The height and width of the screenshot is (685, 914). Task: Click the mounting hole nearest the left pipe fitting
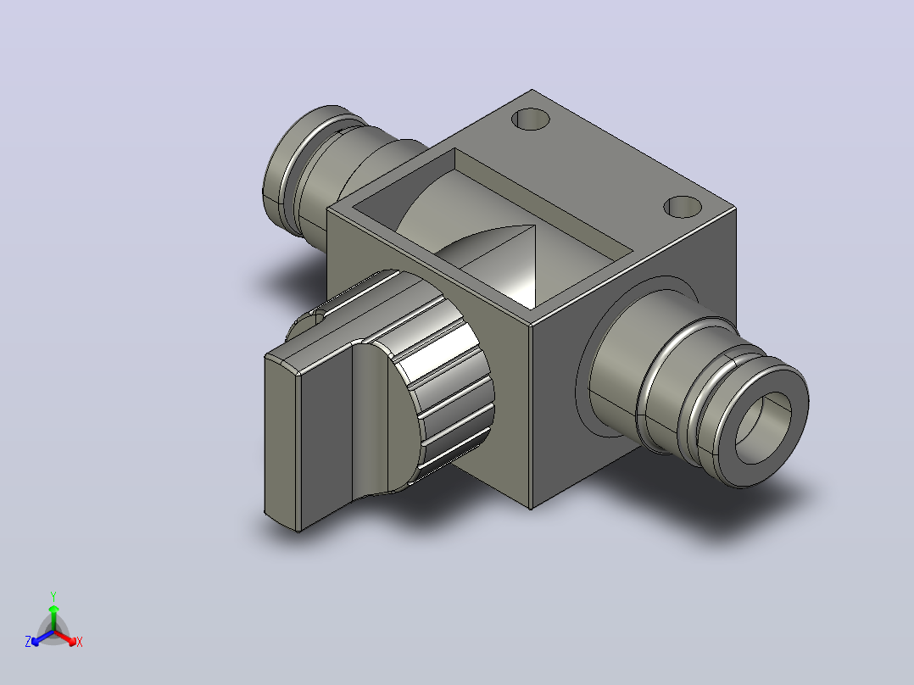coord(531,119)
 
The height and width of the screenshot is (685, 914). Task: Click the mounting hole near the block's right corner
coord(683,207)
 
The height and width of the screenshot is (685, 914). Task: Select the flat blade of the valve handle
coord(309,437)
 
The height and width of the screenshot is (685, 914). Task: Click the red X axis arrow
coord(66,638)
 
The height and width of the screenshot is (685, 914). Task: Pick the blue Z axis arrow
coord(42,638)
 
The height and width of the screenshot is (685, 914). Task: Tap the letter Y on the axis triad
coord(53,596)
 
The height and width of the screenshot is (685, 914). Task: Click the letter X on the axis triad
coord(80,642)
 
